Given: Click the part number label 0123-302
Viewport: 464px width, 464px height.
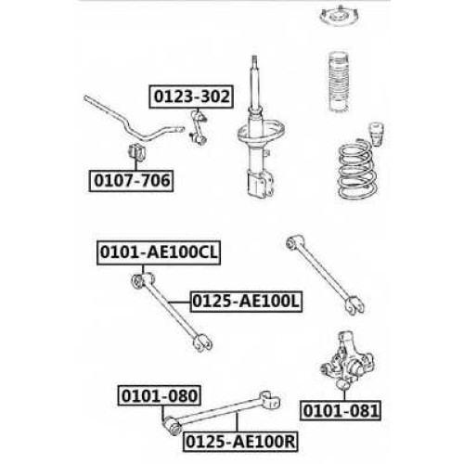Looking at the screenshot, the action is point(191,97).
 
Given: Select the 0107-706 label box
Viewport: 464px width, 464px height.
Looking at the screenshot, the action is point(131,181).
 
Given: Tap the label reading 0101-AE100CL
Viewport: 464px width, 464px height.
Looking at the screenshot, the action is point(159,252).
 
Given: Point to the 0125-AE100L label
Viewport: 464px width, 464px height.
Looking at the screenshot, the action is point(246,302).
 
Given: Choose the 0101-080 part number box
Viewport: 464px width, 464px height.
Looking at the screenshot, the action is point(160,395).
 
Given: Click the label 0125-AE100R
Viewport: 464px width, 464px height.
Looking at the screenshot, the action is point(240,442).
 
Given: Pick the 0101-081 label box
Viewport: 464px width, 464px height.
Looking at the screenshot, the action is point(341,411).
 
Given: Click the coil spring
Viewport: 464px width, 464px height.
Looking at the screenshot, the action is point(357,170).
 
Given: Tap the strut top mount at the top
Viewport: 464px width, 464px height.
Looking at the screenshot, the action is point(340,15).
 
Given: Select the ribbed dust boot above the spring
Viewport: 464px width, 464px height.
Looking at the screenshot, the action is point(340,82).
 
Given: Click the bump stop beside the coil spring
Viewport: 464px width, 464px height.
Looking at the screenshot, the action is point(376,134).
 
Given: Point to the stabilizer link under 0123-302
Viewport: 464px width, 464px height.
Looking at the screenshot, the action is point(198,127).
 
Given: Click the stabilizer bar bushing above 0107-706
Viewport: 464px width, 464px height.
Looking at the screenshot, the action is point(136,152).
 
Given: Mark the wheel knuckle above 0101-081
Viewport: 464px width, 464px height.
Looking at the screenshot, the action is point(347,360).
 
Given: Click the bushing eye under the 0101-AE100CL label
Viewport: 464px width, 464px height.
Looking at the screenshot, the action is point(137,281).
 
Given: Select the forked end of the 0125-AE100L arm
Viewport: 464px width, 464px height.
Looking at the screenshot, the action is point(202,342).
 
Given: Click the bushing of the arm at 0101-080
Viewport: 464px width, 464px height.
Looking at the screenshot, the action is point(174,427).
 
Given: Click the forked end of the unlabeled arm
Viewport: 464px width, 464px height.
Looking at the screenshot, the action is point(354,305).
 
